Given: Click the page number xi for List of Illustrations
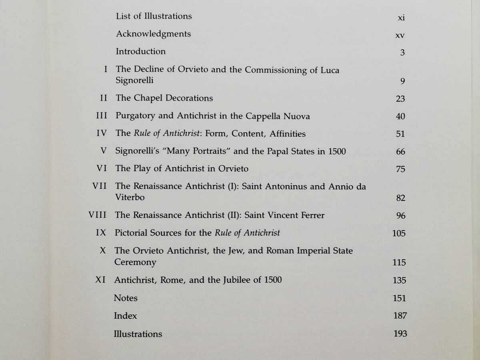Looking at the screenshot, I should click(402, 18).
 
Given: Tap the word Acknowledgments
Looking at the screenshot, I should click(153, 34).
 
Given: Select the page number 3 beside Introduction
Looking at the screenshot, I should click(402, 52).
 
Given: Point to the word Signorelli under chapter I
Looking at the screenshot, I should click(134, 81).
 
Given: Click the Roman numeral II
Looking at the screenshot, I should click(104, 98).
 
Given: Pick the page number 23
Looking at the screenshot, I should click(400, 99).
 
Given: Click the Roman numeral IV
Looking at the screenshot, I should click(102, 134).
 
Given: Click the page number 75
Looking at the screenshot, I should click(400, 169).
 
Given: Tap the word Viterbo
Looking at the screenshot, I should click(130, 198).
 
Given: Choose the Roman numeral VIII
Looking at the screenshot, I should click(97, 215).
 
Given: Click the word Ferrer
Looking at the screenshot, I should click(310, 215).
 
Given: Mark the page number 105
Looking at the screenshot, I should click(399, 233).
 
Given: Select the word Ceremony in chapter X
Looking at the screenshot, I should click(135, 262).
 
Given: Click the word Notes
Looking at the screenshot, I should click(126, 298).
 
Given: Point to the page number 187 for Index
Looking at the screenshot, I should click(400, 316).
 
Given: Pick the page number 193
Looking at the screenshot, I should click(400, 334).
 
